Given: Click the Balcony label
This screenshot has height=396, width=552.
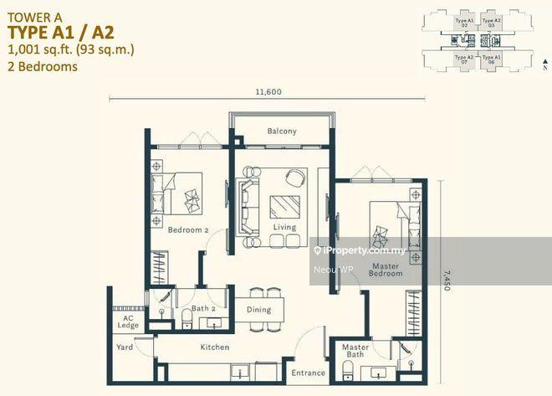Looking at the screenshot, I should tap(282, 131).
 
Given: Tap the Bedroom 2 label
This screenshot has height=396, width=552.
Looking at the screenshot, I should tap(187, 230).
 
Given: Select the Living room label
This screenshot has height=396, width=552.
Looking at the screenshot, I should tap(284, 227).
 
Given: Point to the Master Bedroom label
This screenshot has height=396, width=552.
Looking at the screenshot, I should tap(386, 269).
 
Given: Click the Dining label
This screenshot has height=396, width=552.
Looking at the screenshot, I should tap(258, 310).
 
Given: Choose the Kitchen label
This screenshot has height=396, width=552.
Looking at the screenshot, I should tap(214, 347).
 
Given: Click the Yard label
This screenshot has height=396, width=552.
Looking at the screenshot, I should tap(124, 347).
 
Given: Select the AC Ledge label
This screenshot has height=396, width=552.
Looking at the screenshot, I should tap(128, 321).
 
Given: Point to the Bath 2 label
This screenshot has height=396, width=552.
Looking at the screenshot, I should tap(204, 309).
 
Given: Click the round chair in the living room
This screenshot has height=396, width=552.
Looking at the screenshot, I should tap(294, 177).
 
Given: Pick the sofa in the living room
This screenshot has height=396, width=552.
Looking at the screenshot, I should tap(248, 205).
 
